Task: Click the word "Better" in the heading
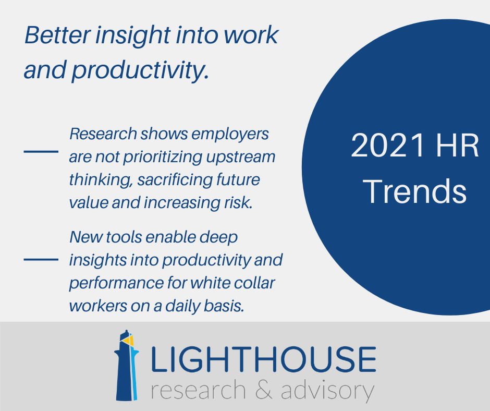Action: (x=57, y=35)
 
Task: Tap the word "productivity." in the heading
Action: (x=140, y=70)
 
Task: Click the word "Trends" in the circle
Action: (x=415, y=191)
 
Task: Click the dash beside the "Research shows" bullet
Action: (x=41, y=152)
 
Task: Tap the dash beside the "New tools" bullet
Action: (x=41, y=260)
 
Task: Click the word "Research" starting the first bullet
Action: (x=103, y=134)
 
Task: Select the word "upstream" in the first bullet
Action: (x=241, y=158)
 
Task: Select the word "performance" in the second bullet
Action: (x=116, y=283)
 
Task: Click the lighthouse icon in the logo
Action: (x=127, y=365)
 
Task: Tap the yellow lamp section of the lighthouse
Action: (x=129, y=340)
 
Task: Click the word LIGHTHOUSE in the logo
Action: (x=263, y=359)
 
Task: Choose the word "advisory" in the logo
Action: (x=327, y=390)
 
